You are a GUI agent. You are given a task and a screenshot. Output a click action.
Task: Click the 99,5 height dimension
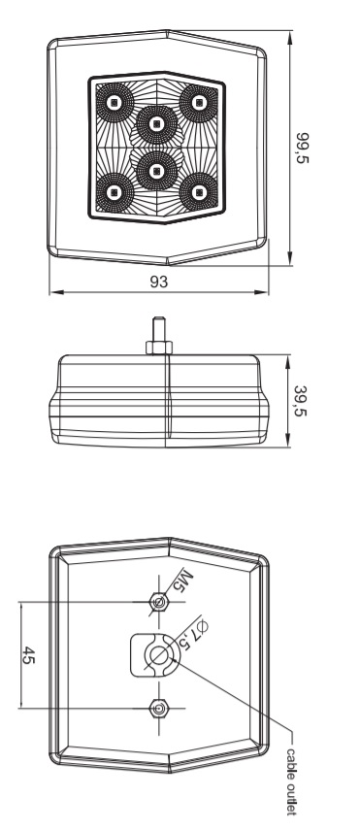(303, 149)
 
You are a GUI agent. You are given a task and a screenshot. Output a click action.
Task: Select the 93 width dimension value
(158, 282)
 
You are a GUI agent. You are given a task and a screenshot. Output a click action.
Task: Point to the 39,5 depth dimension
(300, 401)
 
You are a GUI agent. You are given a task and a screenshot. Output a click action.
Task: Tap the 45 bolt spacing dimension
(28, 655)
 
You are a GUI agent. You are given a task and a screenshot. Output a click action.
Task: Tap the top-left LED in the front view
(113, 102)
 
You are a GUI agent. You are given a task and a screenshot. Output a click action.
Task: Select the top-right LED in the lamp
(199, 102)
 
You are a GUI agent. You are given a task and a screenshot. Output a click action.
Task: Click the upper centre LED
(155, 124)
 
